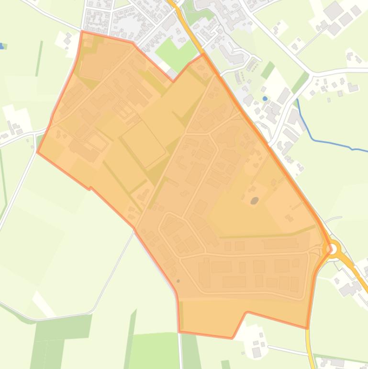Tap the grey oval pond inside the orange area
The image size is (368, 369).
click(x=255, y=187)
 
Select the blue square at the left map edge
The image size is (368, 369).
click(x=1, y=46)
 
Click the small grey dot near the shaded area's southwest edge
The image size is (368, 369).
click(x=178, y=281)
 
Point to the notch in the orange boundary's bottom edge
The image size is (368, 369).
click(x=247, y=312)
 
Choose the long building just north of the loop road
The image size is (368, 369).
click(x=280, y=244)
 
